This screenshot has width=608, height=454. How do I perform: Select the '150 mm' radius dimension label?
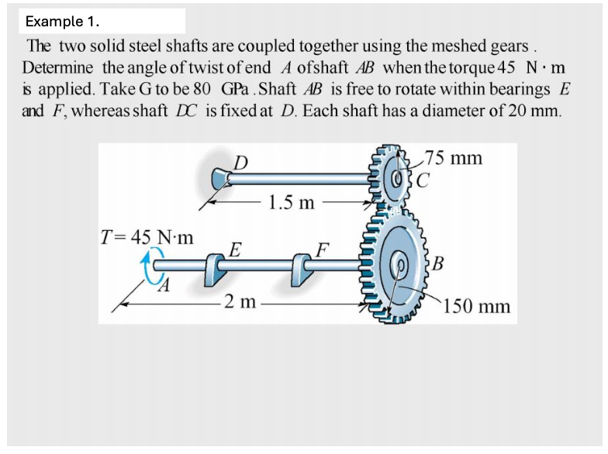pyautogui.click(x=477, y=306)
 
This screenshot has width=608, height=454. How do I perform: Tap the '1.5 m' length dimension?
pyautogui.click(x=290, y=204)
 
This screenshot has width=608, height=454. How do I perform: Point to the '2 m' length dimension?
pyautogui.click(x=237, y=301)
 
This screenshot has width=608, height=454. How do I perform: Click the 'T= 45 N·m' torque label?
pyautogui.click(x=148, y=236)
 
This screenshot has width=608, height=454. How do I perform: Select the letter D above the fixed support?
pyautogui.click(x=242, y=162)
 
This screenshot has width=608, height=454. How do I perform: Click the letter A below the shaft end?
pyautogui.click(x=164, y=288)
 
